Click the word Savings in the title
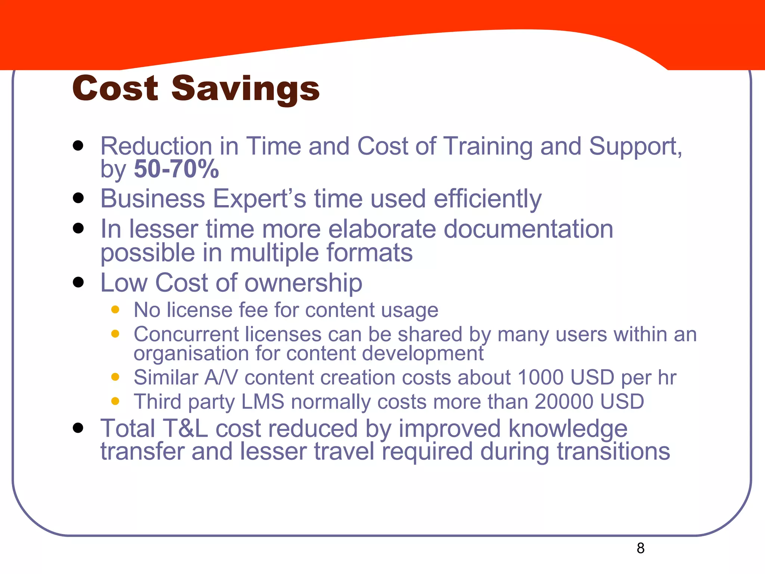click(x=245, y=89)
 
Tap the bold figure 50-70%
click(x=176, y=169)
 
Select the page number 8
click(x=641, y=548)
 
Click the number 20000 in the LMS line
click(x=563, y=402)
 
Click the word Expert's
click(x=259, y=198)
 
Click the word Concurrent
click(x=186, y=334)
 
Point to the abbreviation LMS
click(x=263, y=402)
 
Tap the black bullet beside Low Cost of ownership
click(x=78, y=282)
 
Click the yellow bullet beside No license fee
click(x=115, y=309)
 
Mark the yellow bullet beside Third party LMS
click(x=115, y=401)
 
